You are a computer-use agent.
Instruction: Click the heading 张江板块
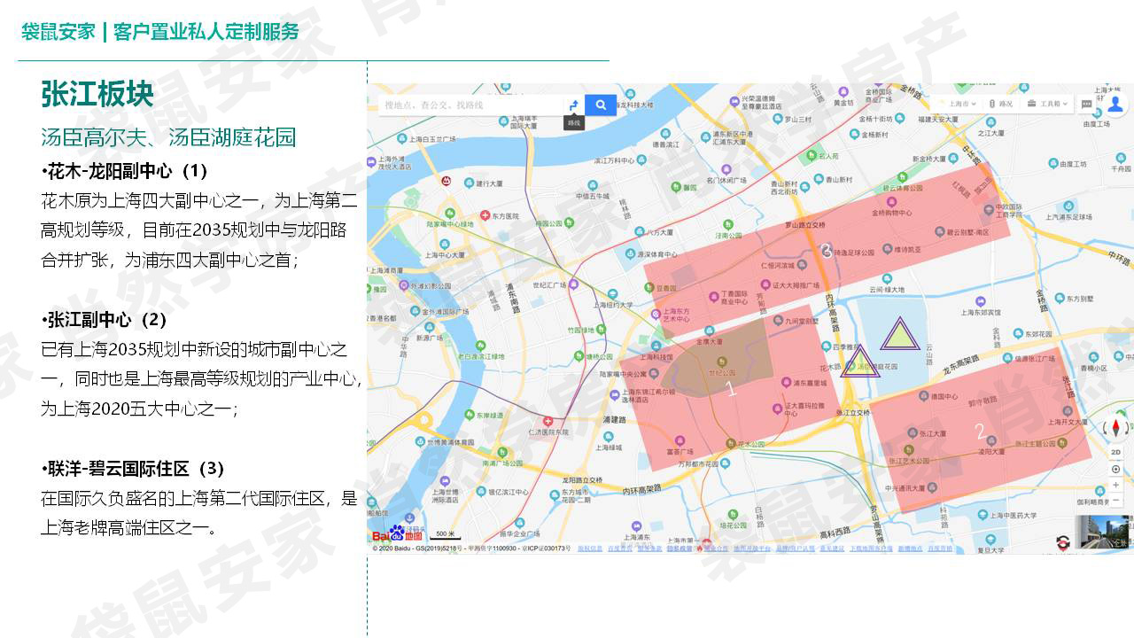[x=97, y=94]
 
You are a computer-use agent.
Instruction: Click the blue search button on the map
[x=601, y=105]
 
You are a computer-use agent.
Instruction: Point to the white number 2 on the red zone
[x=980, y=432]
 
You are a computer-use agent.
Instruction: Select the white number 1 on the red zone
[x=731, y=388]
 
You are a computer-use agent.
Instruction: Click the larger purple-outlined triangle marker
[x=900, y=334]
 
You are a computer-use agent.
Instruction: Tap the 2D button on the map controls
[x=1115, y=452]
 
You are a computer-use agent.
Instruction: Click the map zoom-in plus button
[x=1115, y=485]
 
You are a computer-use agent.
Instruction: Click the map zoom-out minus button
[x=1115, y=501]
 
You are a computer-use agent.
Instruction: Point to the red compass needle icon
[x=1115, y=430]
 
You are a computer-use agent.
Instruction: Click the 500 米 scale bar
[x=445, y=535]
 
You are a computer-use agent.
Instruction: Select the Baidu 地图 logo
[x=397, y=534]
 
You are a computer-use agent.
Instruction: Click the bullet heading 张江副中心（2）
[x=105, y=319]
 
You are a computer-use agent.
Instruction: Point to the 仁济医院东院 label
[x=547, y=432]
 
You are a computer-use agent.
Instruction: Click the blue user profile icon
[x=1115, y=105]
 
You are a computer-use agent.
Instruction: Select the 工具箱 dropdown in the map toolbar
[x=1051, y=104]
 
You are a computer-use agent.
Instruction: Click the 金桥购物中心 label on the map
[x=891, y=214]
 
